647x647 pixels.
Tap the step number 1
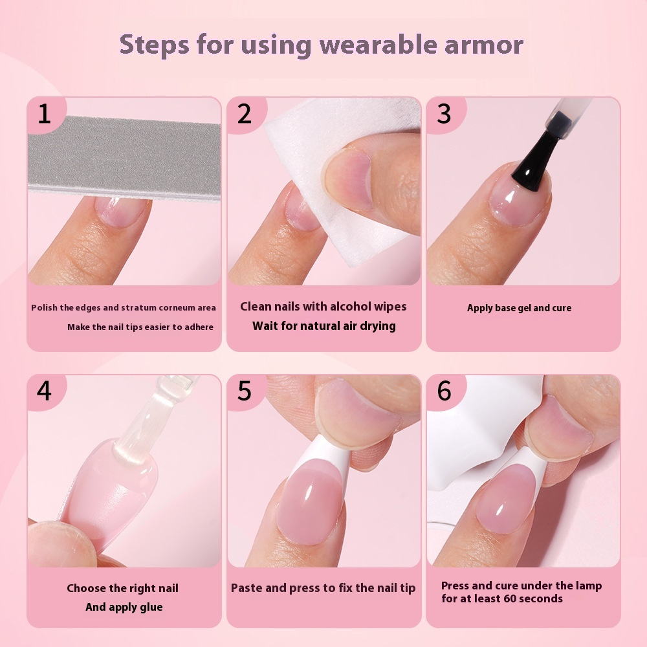(44, 114)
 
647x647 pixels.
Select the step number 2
(244, 114)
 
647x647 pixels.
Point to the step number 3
(444, 114)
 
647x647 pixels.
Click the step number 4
(44, 391)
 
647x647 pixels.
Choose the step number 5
(244, 391)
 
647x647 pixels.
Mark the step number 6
(444, 391)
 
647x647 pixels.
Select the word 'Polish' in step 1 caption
(44, 308)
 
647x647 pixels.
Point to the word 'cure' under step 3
(560, 308)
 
